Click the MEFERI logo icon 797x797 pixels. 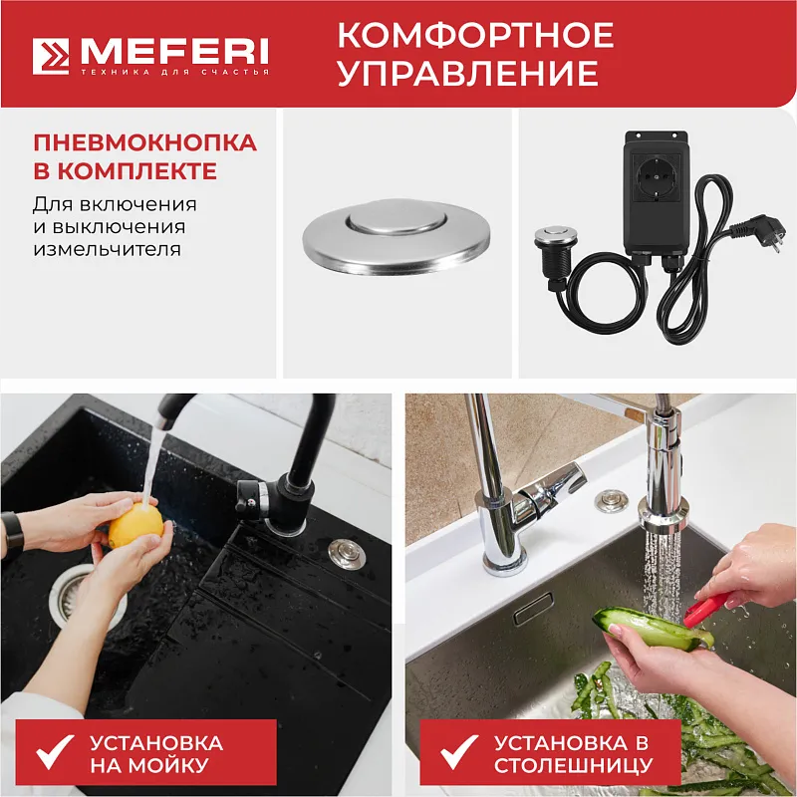pos(51,56)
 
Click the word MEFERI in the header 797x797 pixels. pos(171,49)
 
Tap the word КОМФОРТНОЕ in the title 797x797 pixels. pos(475,36)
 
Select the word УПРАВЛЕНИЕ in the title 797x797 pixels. pos(467,74)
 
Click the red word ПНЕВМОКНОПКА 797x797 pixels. pos(144,142)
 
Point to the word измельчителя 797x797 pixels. pos(108,248)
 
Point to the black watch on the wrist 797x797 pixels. pos(12,533)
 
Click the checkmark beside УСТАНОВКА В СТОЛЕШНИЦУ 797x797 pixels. pos(461,754)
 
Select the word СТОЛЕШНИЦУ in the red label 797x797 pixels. pos(574,766)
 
